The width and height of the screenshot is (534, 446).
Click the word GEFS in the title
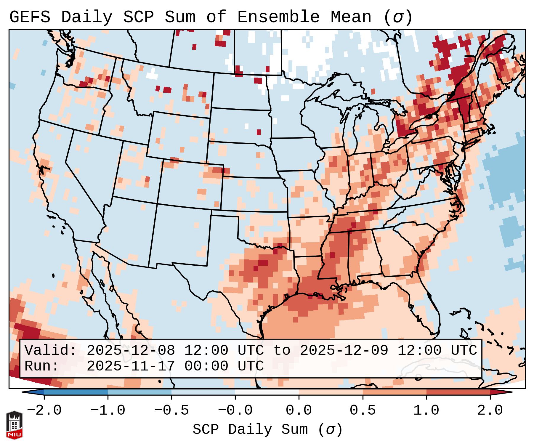coord(30,17)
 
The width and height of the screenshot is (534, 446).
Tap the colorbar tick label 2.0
coord(490,410)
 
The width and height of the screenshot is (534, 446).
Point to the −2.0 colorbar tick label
coord(44,410)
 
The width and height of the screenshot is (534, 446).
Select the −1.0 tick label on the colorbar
coord(108,410)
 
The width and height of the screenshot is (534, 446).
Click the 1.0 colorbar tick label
coord(426,410)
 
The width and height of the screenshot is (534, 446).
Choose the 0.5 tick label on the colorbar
coord(363,410)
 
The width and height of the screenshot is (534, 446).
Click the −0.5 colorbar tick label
coord(171,410)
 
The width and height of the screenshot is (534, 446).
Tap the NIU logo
coord(14,425)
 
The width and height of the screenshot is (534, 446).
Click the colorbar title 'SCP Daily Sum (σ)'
coord(267,429)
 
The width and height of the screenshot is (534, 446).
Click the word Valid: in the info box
coord(51,350)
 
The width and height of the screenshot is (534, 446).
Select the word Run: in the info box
coord(42,366)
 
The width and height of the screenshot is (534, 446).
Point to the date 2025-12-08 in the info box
coord(131,350)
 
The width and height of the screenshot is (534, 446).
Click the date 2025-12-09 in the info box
coord(344,350)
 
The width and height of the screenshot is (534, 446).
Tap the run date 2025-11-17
coord(131,366)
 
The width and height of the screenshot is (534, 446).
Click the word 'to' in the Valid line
coord(282,350)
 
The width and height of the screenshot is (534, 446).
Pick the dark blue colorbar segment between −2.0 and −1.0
coord(76,392)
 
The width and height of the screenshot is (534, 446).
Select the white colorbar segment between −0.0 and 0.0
coord(267,392)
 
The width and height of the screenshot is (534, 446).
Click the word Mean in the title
coord(351,17)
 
